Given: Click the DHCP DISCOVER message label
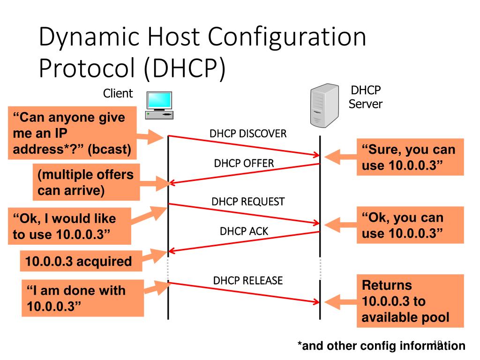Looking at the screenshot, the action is (248, 134).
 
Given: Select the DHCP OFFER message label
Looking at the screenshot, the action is (244, 163).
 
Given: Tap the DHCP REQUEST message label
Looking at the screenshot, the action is (248, 202).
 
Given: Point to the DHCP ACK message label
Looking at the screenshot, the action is (244, 231).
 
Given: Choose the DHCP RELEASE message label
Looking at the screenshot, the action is (248, 280).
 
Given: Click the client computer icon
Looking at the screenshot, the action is (159, 105).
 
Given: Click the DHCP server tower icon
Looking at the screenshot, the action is (324, 105).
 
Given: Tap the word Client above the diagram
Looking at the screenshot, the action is (118, 93).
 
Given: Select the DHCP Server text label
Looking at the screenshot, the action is (366, 97).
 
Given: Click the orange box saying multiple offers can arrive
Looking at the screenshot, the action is (86, 182).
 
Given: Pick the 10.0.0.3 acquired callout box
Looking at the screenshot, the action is (81, 261).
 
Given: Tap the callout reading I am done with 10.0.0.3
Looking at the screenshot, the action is (82, 298).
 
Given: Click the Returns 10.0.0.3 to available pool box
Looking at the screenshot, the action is (410, 301).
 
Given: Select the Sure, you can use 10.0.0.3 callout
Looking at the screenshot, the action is (410, 157).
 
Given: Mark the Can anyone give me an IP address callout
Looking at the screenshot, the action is (72, 133).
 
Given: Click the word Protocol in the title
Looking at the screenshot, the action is (87, 67).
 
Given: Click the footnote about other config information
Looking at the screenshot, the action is (382, 346).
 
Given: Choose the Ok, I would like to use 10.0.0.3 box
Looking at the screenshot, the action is (69, 226).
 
